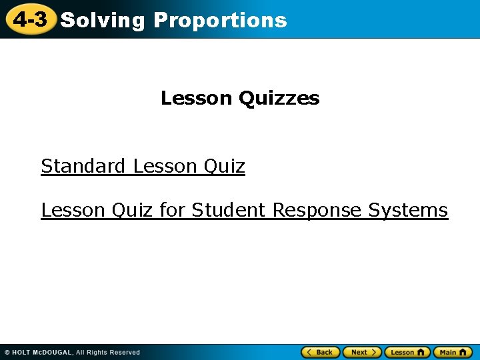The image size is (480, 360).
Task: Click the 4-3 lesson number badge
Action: pyautogui.click(x=30, y=20)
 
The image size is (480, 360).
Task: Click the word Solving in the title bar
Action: pyautogui.click(x=102, y=21)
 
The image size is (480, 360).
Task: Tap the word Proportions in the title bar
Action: pyautogui.click(x=220, y=21)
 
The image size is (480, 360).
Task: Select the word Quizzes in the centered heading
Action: pyautogui.click(x=279, y=99)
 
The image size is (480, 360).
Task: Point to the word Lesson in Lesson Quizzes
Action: pyautogui.click(x=197, y=99)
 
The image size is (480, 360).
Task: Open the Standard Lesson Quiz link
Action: pyautogui.click(x=143, y=166)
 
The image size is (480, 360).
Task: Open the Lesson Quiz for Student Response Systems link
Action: pyautogui.click(x=244, y=210)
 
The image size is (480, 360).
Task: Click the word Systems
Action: pyautogui.click(x=408, y=210)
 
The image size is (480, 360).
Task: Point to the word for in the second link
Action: pyautogui.click(x=172, y=210)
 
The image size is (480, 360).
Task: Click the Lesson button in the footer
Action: pyautogui.click(x=407, y=352)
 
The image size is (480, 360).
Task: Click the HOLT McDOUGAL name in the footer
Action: pyautogui.click(x=42, y=353)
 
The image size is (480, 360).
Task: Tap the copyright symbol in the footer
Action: pyautogui.click(x=7, y=353)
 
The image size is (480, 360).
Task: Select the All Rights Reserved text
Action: pyautogui.click(x=108, y=353)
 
